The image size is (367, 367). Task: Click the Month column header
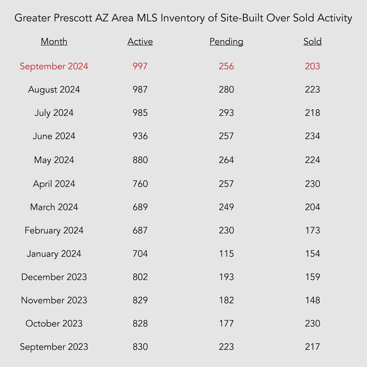(x=54, y=42)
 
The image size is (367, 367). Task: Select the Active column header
(x=140, y=42)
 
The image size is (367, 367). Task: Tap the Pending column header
(x=226, y=42)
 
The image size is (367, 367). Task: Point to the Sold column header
(x=312, y=42)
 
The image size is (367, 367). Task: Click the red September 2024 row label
(x=54, y=66)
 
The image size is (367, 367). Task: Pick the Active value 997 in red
(x=140, y=66)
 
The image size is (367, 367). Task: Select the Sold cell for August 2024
(x=312, y=89)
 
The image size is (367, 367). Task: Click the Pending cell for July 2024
(x=226, y=113)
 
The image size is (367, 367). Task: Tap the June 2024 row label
(x=54, y=136)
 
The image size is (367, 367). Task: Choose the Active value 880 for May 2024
(x=140, y=160)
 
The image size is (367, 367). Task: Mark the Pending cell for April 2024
(x=226, y=184)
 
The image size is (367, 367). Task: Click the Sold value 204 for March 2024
(x=312, y=207)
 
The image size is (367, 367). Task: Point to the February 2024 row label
(x=54, y=230)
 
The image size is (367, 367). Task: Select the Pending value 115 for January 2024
(x=226, y=253)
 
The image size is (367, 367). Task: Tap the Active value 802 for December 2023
(x=140, y=277)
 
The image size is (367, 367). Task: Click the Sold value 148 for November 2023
(x=312, y=300)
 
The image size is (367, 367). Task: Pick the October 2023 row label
(x=54, y=324)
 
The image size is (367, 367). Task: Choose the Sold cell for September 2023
(x=312, y=347)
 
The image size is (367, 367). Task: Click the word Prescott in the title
(x=72, y=18)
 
